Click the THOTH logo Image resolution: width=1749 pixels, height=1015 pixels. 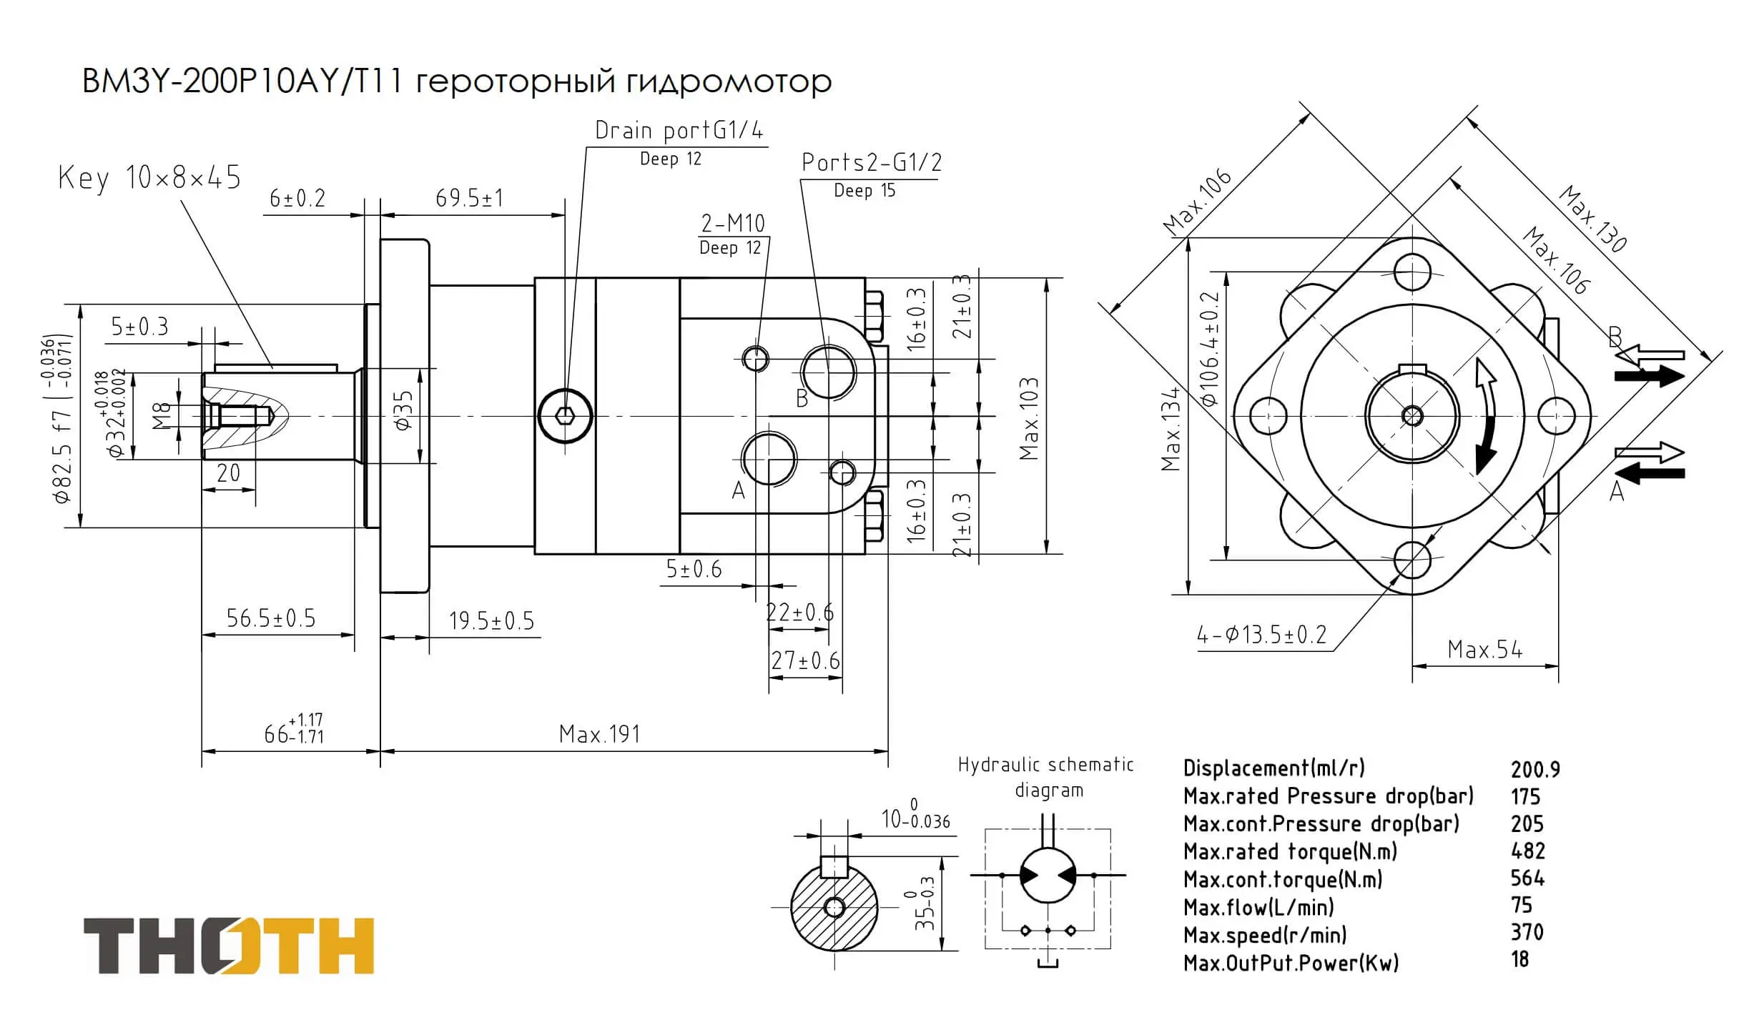[229, 945]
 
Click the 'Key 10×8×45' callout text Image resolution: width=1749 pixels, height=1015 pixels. [149, 177]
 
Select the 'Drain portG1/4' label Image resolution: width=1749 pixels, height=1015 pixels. [679, 131]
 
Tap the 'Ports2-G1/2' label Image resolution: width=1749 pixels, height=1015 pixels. [871, 163]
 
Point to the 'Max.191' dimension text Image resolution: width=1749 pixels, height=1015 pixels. [599, 734]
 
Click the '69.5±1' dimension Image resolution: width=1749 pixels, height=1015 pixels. [469, 198]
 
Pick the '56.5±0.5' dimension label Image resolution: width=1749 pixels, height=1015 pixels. [270, 618]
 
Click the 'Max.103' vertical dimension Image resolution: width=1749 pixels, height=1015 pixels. [1029, 419]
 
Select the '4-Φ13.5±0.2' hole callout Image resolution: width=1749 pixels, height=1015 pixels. [1261, 635]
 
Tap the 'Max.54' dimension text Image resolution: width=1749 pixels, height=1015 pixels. [1484, 650]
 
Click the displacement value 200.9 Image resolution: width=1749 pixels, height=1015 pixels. [1535, 769]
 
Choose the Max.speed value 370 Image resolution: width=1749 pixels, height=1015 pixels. [1527, 933]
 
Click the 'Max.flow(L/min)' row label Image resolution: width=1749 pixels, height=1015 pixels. [1258, 908]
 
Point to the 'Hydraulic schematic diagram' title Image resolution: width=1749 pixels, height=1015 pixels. [1046, 777]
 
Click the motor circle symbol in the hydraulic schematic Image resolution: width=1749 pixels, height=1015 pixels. [1048, 875]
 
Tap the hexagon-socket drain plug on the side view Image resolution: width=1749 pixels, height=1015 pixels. [565, 416]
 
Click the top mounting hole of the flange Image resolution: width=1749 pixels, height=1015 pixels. [1412, 272]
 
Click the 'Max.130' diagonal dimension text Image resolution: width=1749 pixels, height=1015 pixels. [1593, 219]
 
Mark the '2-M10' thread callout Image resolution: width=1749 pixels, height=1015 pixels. [732, 224]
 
